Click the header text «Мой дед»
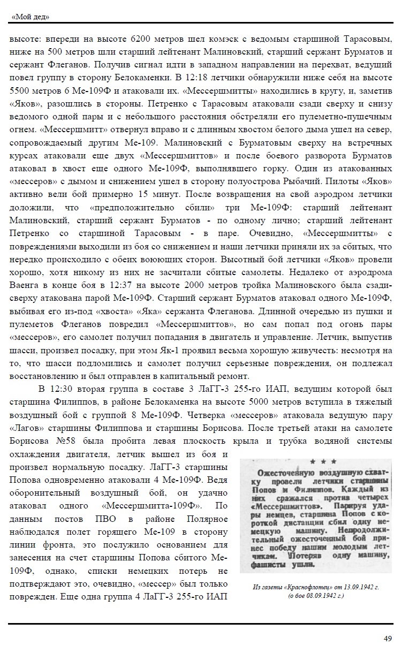click(x=30, y=17)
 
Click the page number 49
click(x=388, y=637)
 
